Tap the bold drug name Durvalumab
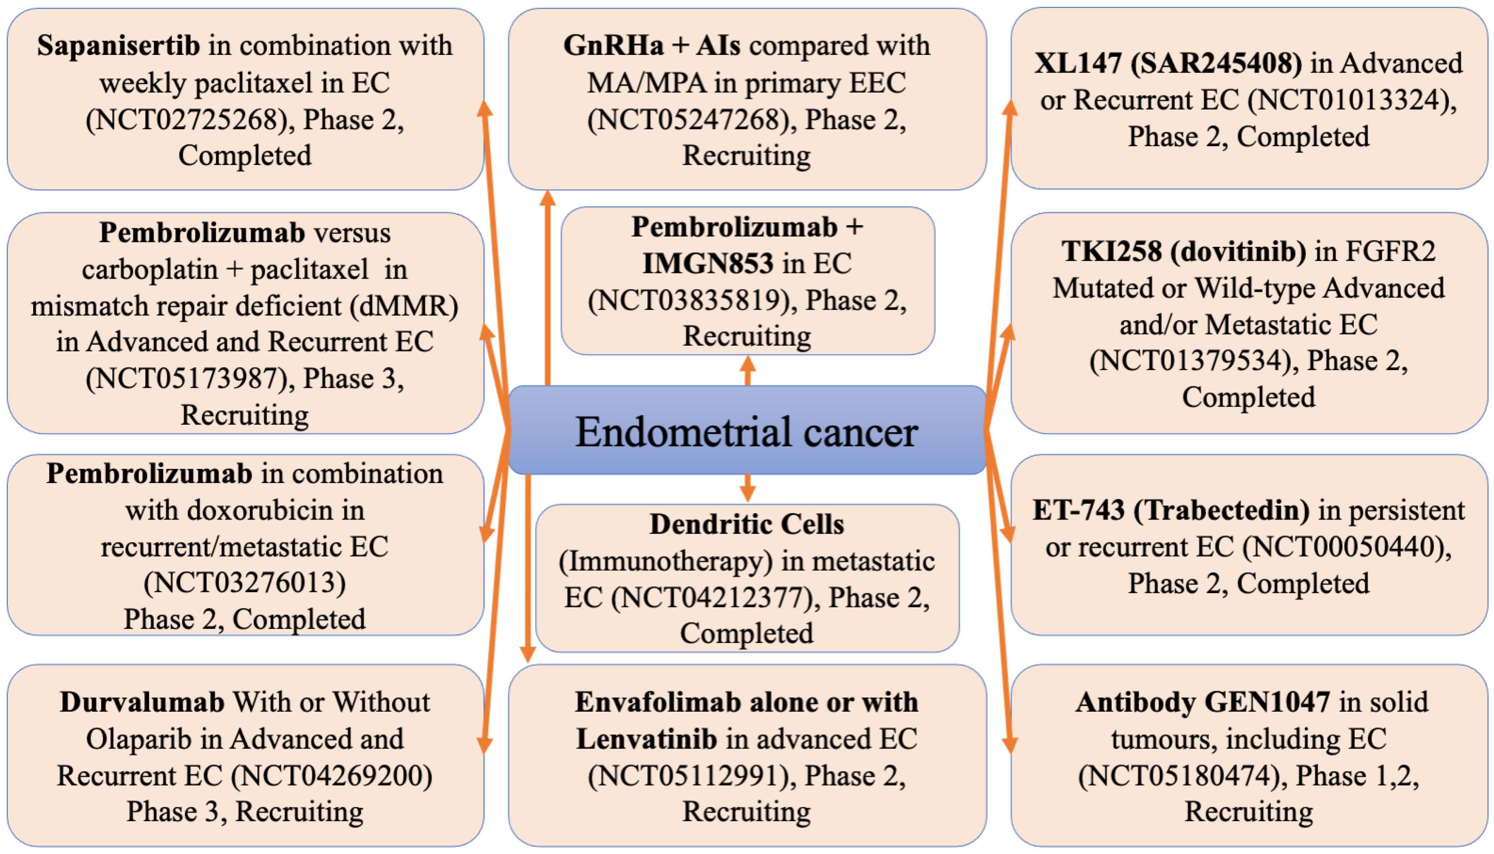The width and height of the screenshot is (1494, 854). click(x=142, y=702)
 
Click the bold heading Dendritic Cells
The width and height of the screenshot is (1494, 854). click(x=746, y=524)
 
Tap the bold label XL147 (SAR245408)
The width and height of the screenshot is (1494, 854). click(x=1168, y=63)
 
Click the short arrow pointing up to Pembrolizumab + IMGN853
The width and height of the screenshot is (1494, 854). click(x=747, y=371)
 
